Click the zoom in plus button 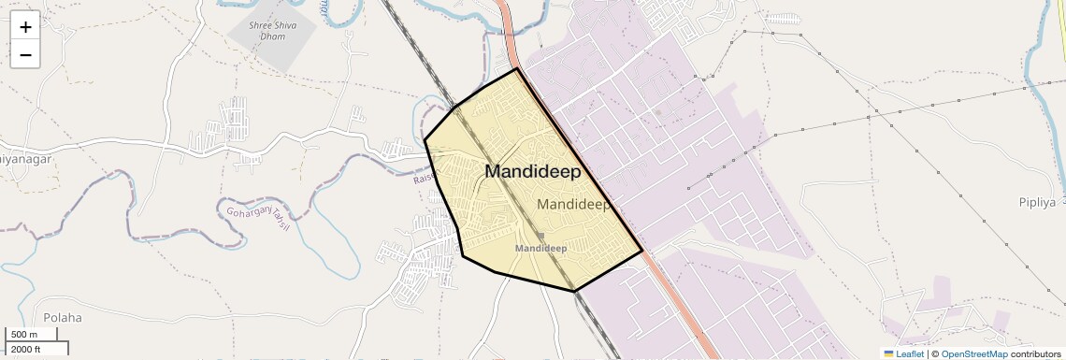tap(25, 27)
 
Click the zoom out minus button tap(25, 55)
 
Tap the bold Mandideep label tap(532, 172)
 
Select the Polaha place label tap(62, 317)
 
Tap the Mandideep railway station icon tap(540, 236)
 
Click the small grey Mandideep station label tap(541, 249)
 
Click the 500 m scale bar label tap(24, 335)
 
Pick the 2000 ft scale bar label tap(25, 350)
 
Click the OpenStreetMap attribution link tap(973, 353)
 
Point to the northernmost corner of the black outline tap(516, 68)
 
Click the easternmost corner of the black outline tap(642, 251)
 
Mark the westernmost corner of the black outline tap(425, 140)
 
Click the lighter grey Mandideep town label tap(574, 204)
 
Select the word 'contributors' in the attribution tap(1035, 353)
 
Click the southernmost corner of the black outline tap(574, 291)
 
